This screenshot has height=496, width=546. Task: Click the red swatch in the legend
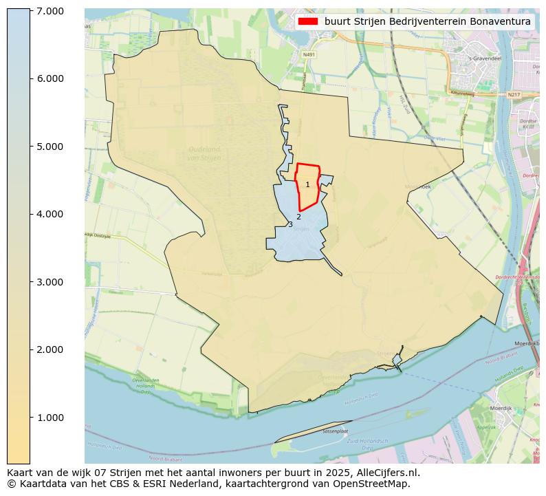tap(308, 21)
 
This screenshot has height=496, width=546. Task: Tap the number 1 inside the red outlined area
tap(307, 184)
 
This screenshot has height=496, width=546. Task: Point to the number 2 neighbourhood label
tap(298, 217)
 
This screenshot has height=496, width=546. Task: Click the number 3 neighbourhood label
tap(290, 225)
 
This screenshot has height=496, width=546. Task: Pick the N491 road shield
tap(310, 54)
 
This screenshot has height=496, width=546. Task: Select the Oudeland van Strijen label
tap(204, 153)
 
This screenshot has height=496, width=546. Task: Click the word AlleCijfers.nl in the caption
tap(382, 473)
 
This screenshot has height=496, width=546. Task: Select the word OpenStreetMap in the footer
tap(375, 484)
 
